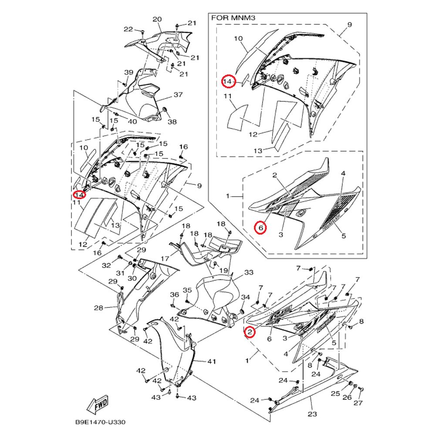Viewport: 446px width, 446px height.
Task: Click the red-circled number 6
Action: coord(260,227)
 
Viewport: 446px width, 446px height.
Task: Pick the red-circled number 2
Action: coord(250,332)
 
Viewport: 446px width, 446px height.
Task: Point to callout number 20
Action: coord(157,20)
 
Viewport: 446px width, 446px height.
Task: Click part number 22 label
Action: coord(128,29)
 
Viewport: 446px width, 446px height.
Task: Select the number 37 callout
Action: coord(178,95)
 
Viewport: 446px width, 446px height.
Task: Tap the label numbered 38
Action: coord(172,122)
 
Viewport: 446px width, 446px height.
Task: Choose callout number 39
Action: coord(128,72)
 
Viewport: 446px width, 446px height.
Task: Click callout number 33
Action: coord(249,273)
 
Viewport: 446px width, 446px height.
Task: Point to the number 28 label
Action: coord(98,308)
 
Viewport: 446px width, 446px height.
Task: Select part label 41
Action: coord(212,361)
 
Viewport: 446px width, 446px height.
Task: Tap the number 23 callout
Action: coord(312,414)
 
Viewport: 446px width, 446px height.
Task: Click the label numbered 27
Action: coord(358,403)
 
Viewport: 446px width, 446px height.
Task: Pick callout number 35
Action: coord(187,290)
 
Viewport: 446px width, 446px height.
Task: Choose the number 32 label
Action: coord(106,265)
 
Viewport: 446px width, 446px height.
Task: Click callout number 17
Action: coord(165,259)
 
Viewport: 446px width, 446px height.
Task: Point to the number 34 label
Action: coord(246,297)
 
